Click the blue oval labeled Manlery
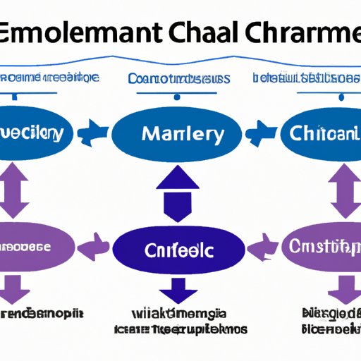(183, 133)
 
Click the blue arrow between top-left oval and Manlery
(94, 131)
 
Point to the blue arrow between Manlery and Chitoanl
(267, 131)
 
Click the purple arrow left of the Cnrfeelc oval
(94, 247)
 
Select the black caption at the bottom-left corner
(41, 312)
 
